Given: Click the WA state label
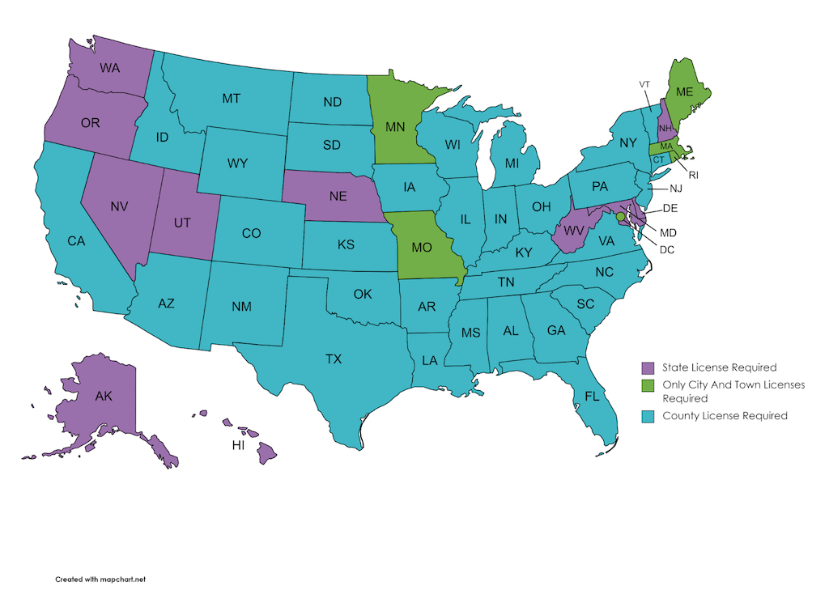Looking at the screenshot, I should click(110, 68).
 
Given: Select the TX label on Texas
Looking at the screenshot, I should click(334, 359).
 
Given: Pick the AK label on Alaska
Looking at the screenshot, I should click(104, 397).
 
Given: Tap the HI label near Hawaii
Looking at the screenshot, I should click(239, 446).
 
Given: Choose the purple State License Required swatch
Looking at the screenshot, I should click(648, 367).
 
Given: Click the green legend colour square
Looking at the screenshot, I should click(648, 385).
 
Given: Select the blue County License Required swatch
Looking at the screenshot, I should click(648, 416).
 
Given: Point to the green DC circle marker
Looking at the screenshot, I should click(621, 218).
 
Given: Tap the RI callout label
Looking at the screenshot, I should click(693, 174).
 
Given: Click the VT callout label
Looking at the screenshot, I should click(644, 84).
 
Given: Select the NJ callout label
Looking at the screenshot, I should click(676, 189).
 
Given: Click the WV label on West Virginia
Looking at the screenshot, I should click(575, 230).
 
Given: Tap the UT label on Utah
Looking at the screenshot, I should click(182, 223).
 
